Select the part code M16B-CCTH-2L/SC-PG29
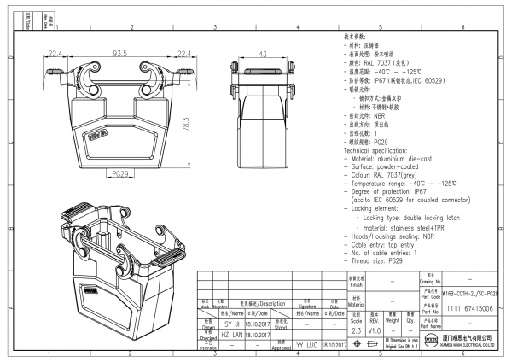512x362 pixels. pos(470,292)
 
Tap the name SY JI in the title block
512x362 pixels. pos(232,325)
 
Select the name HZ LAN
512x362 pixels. pos(232,336)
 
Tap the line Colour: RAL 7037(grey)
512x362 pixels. pos(388,175)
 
